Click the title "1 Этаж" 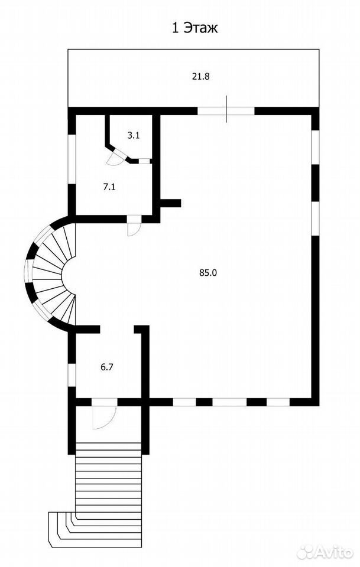pos(194,28)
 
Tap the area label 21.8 pos(201,76)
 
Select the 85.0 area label pos(207,273)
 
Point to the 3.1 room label pos(134,136)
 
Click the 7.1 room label pos(109,187)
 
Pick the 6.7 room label pos(107,367)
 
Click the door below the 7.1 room pos(133,226)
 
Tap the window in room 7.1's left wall pos(72,159)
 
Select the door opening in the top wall pos(226,110)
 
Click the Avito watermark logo pos(325,552)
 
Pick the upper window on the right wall pos(316,147)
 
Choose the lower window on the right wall pos(316,219)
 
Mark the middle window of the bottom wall pos(229,402)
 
